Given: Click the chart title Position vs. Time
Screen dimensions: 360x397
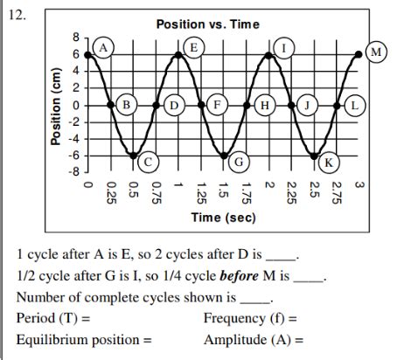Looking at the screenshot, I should (208, 24).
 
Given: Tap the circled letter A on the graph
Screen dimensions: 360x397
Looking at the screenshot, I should (104, 45).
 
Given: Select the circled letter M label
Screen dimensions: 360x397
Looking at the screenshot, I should (377, 52).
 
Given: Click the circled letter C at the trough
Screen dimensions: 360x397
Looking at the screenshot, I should (149, 162).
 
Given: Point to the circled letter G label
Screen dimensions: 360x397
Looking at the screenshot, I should (238, 162).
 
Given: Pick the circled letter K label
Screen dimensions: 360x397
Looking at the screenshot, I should (328, 162).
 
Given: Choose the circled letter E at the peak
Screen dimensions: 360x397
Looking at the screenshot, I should (193, 45).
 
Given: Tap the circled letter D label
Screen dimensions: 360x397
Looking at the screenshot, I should (173, 106).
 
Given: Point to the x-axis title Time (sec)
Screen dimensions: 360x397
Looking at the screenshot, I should (224, 218).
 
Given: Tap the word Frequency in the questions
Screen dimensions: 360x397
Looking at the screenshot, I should (234, 317).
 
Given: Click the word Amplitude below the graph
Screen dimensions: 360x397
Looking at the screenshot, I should (235, 339).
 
